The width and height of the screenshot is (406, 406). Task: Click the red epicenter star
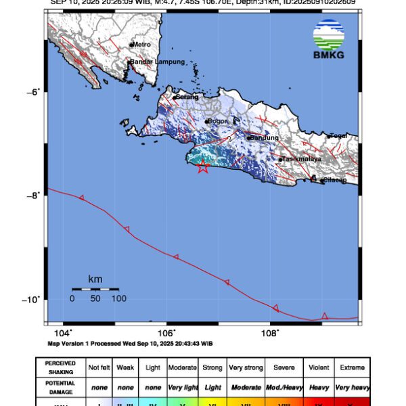(x=202, y=167)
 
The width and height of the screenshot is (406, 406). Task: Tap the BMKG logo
(x=328, y=40)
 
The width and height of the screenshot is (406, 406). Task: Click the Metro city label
(x=141, y=45)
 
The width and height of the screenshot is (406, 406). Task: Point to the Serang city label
(x=187, y=97)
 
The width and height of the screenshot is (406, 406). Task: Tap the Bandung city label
(x=263, y=137)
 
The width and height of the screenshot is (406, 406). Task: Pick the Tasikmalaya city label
(x=301, y=160)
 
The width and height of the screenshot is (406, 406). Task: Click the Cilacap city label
(x=334, y=179)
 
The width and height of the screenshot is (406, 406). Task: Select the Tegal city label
(x=338, y=136)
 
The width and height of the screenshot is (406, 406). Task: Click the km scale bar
(x=95, y=290)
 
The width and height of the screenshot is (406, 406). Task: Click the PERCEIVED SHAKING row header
(x=60, y=367)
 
